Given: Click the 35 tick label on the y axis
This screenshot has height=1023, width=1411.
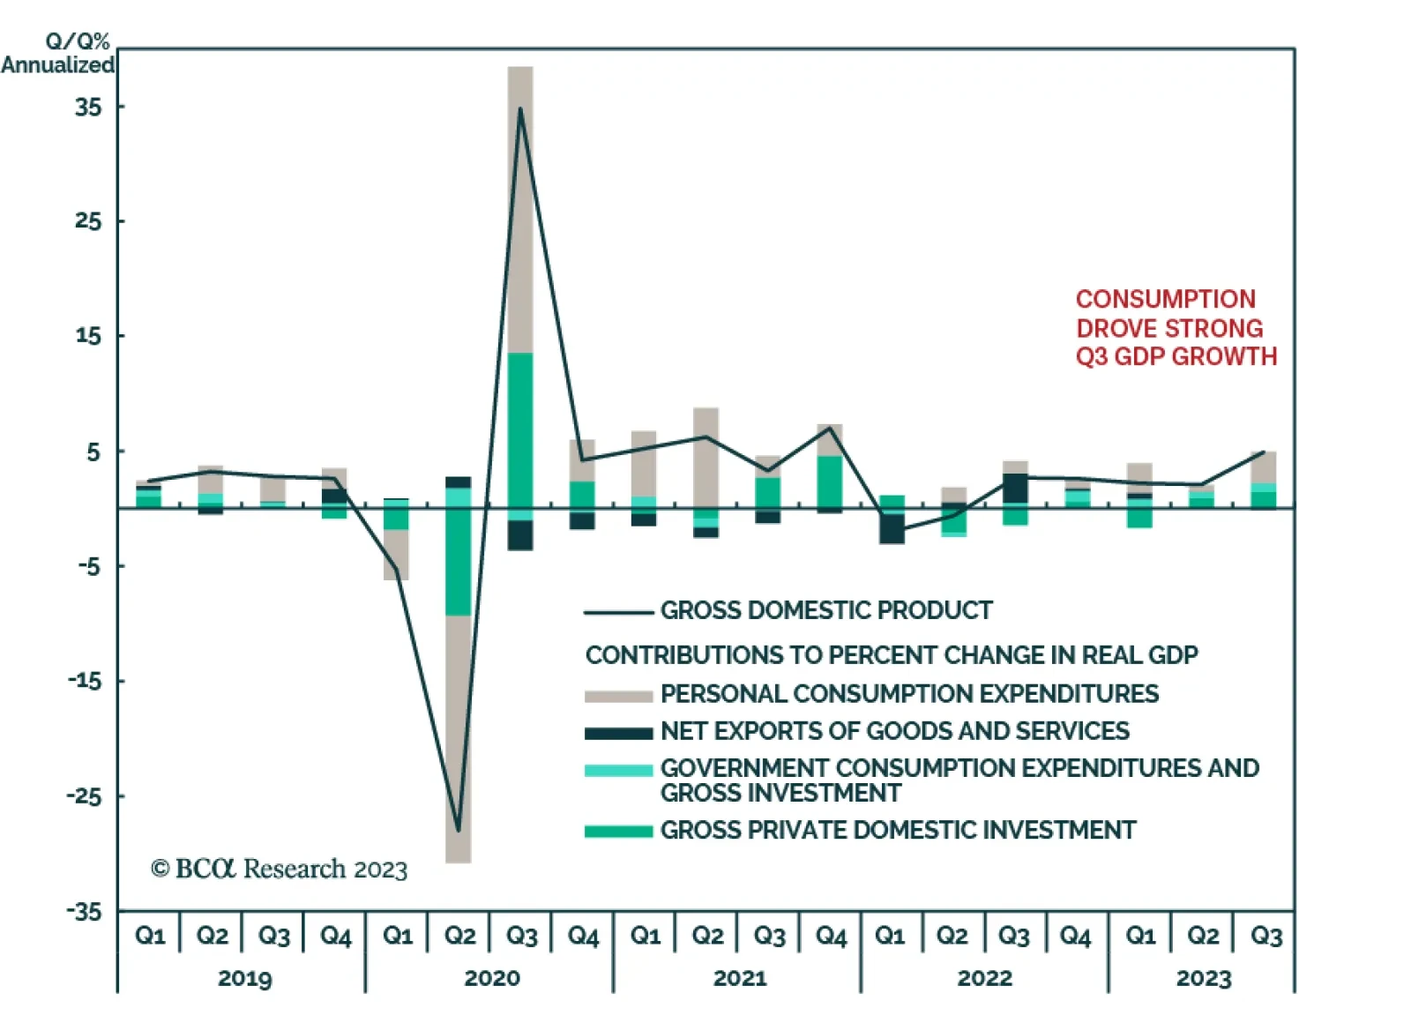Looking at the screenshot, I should tap(88, 107).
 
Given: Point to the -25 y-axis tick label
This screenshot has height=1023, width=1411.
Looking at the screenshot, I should tap(85, 795).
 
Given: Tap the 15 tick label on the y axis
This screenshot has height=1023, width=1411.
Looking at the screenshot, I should tap(88, 335).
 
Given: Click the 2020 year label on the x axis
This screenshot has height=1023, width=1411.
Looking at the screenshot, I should tap(491, 978).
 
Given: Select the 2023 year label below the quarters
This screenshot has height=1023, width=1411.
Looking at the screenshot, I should tap(1203, 978).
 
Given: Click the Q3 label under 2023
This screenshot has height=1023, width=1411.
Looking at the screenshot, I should tap(1265, 935).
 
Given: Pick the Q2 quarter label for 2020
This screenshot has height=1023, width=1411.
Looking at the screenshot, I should tap(459, 935).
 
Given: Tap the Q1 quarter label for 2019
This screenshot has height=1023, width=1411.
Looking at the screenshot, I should tap(150, 935).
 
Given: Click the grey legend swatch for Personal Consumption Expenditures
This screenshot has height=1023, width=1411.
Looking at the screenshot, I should tap(618, 696).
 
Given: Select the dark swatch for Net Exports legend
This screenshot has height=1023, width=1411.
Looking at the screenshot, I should tap(618, 733).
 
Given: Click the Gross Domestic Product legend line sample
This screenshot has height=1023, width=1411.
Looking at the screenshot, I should tap(618, 612).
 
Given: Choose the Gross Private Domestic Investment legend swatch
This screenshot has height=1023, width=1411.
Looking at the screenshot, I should tap(618, 832).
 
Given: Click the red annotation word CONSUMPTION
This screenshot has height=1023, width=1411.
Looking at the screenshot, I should tap(1165, 299).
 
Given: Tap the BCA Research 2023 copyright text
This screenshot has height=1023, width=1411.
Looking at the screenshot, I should tap(280, 869).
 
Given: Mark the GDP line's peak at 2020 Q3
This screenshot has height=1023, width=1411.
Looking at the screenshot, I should tap(520, 108).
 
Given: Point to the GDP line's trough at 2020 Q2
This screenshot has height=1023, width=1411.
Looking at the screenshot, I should tap(459, 830).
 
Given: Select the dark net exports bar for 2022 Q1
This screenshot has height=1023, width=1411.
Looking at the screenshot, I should tap(892, 528).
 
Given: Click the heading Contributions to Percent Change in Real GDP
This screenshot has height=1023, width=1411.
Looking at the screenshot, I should tap(892, 655).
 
